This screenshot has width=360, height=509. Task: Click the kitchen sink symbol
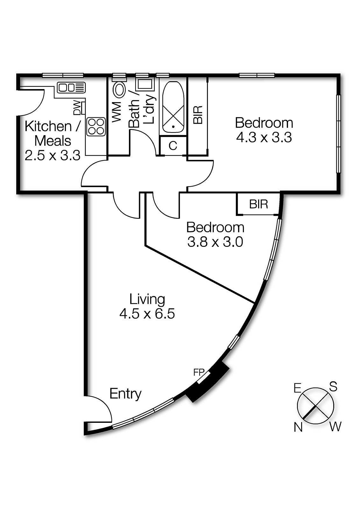coord(71,87)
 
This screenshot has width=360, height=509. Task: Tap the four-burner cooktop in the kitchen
coord(96,127)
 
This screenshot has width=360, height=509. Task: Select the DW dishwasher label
coord(77,108)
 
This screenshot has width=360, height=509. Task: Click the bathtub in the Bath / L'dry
coord(173,107)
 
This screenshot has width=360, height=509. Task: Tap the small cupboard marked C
coord(173,146)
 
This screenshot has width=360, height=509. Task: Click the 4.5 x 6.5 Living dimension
coord(147,314)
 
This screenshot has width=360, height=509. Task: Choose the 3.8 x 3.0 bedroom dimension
coord(215,242)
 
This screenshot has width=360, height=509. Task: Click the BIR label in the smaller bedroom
coord(258,204)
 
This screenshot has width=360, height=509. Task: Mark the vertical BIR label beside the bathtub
coord(198,115)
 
